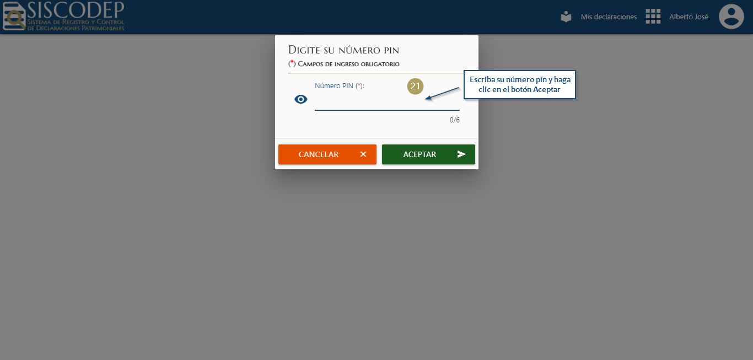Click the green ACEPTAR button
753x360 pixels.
(428, 154)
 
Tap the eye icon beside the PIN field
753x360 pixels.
(301, 99)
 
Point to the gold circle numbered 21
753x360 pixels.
(415, 86)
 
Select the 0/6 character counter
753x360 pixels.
(454, 120)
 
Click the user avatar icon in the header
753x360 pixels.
(731, 17)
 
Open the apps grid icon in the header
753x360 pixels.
(653, 17)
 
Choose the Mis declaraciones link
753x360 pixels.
(609, 17)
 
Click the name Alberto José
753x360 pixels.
(689, 17)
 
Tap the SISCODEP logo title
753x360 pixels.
(76, 10)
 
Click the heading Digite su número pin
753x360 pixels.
(343, 50)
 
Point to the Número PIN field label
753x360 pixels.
(340, 85)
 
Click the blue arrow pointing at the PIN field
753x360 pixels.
(442, 93)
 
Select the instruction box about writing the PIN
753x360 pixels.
(520, 84)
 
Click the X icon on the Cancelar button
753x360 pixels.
(363, 154)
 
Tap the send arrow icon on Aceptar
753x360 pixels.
(461, 154)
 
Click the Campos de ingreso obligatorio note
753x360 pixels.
(344, 64)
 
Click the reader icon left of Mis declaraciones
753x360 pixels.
(566, 17)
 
